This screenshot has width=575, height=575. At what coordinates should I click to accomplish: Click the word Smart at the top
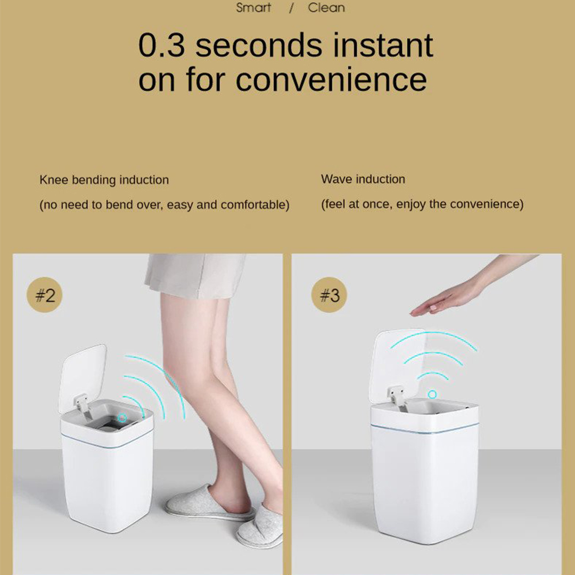[253, 7]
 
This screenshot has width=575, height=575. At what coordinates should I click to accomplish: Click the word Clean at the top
[326, 7]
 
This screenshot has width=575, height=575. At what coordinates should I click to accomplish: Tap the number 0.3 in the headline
[161, 45]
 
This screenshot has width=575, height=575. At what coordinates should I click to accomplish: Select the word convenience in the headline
[331, 79]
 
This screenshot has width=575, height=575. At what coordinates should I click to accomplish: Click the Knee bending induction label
[104, 180]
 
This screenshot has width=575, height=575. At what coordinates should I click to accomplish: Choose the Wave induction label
[363, 179]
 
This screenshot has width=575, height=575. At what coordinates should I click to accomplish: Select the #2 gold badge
[45, 295]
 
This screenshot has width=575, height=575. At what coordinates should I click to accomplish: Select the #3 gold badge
[329, 295]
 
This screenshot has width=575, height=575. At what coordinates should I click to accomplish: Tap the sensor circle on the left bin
[122, 418]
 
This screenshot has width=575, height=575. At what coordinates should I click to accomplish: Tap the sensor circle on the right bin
[432, 394]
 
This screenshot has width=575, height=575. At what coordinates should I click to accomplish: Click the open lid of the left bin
[83, 377]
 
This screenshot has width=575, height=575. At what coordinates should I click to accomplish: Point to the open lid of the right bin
[398, 365]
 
